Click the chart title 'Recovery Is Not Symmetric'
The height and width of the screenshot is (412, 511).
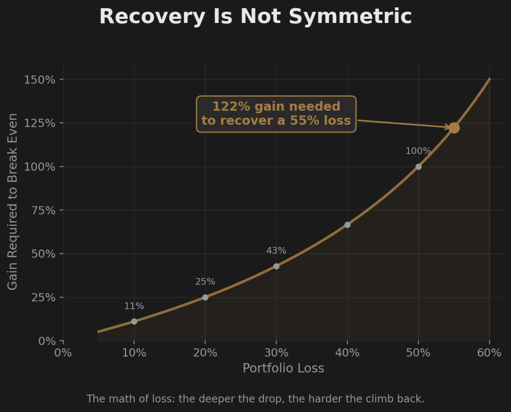coord(255,16)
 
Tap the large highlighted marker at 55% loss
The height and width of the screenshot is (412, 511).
coord(454,128)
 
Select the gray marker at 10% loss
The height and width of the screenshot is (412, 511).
coord(134,321)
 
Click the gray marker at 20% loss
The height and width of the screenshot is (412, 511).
coord(205,297)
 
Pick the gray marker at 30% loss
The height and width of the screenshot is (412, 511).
coord(276,266)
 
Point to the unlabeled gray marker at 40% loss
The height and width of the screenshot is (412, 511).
coord(347,225)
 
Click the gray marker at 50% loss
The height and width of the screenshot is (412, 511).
coord(418,167)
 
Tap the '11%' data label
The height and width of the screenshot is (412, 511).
coord(134,306)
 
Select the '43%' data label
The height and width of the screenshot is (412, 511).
coord(276,251)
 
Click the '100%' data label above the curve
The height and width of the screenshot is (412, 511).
coord(418,151)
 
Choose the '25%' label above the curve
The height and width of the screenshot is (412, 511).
coord(205,282)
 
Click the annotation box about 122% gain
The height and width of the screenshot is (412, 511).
coord(276,114)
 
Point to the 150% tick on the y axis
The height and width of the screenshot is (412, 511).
coord(40,80)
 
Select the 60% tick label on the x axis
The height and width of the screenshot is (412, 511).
coord(489,353)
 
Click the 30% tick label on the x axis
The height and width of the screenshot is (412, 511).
coord(276,353)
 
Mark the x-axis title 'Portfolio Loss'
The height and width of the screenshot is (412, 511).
coord(283,369)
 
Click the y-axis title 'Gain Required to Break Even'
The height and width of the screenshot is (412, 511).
coord(13,202)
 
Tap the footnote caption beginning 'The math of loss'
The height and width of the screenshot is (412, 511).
coord(255,399)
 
